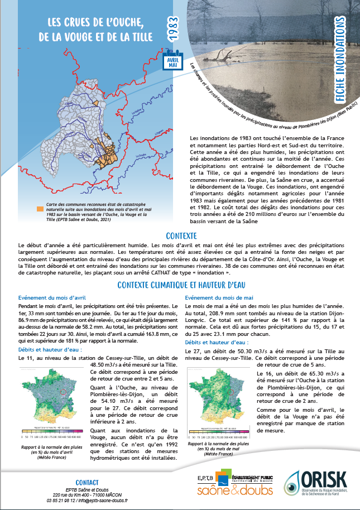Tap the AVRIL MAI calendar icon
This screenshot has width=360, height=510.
pos(172,61)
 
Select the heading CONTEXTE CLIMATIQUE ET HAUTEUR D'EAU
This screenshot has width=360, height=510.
pos(181,285)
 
